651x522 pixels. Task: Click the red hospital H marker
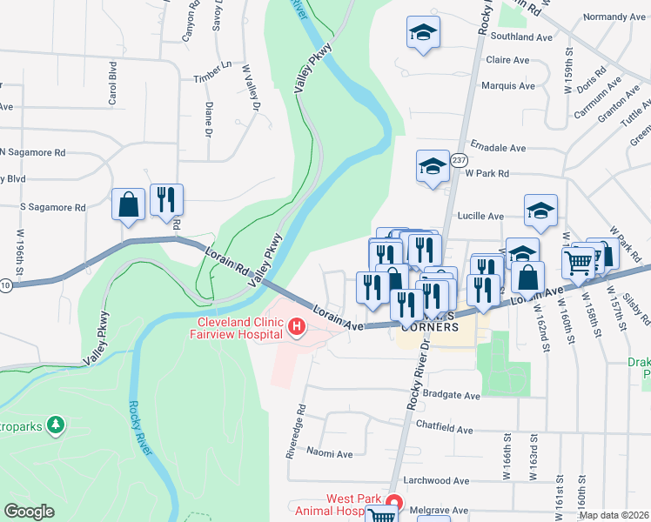coord(297,327)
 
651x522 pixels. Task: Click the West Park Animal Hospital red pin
coord(393,504)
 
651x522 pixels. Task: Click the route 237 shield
coord(460,160)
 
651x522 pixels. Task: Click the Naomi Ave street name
coord(330,454)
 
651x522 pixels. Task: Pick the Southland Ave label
coord(521,37)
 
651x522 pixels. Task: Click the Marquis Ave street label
coord(508,86)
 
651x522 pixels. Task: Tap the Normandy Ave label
coord(614,17)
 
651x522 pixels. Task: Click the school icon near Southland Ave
coord(423,34)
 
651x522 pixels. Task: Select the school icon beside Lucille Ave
coord(540,211)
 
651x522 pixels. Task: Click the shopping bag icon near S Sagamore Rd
coord(129,205)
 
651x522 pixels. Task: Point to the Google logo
coord(30,512)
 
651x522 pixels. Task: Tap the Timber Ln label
coord(213,71)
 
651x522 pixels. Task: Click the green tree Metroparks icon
coord(57,424)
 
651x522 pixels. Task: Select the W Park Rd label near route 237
coord(486,173)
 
